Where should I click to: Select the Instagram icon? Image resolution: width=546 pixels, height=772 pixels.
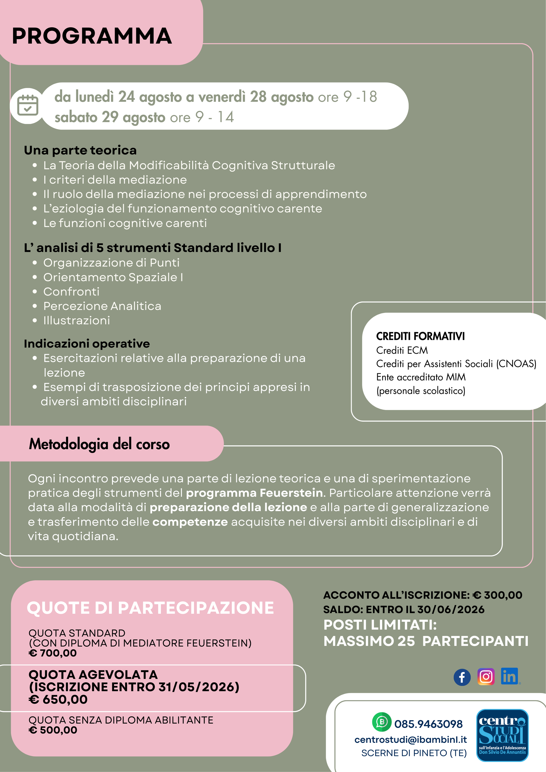click(x=486, y=677)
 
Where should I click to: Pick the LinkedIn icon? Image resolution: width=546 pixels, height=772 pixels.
click(x=510, y=676)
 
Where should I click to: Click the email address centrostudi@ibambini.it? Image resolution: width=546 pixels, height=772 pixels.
click(x=411, y=740)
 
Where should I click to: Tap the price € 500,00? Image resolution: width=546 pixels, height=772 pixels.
click(x=53, y=730)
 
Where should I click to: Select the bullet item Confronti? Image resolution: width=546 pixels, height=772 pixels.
click(x=71, y=292)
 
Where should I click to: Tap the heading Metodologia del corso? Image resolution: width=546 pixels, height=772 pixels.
click(x=99, y=444)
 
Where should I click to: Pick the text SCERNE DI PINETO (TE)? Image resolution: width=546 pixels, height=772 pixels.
click(x=414, y=753)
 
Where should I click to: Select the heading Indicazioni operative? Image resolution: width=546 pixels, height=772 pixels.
click(x=87, y=344)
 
